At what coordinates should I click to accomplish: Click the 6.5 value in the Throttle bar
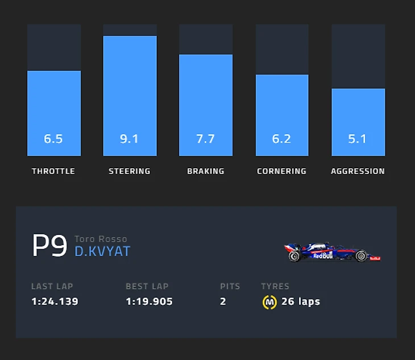pos(53,139)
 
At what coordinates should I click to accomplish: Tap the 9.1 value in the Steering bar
pos(130,139)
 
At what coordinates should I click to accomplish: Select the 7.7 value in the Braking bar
pos(205,139)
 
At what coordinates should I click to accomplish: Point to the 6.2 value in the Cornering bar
pos(281,139)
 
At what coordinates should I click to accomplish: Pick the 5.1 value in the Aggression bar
pos(358,139)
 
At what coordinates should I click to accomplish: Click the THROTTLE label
pos(53,171)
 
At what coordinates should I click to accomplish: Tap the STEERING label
pos(130,171)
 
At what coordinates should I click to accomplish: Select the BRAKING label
pos(206,171)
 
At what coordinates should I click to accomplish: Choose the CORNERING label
pos(281,171)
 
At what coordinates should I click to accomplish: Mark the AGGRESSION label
pos(358,171)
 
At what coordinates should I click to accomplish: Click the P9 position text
pos(49,246)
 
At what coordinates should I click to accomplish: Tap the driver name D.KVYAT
pos(102,251)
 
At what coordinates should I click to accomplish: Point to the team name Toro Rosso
pos(101,239)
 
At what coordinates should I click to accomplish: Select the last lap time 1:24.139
pos(55,301)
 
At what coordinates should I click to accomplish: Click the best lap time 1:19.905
pos(149,301)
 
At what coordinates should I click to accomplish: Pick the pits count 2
pos(223,301)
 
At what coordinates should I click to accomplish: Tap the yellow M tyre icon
pos(269,302)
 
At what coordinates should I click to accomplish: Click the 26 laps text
pos(301,301)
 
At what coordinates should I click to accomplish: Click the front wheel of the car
pos(361,256)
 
